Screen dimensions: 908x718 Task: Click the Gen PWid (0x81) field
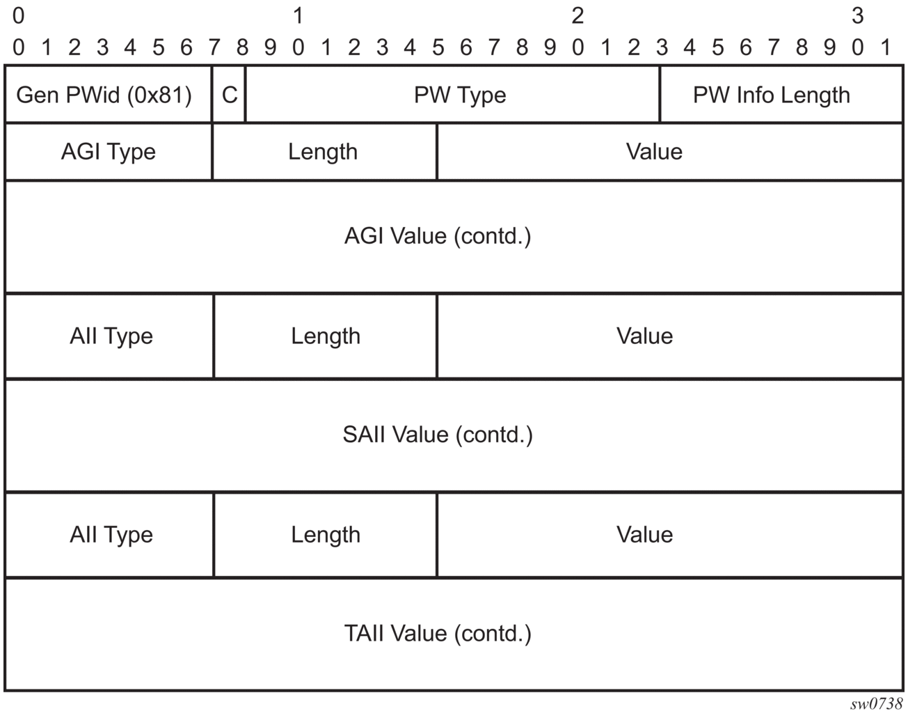109,95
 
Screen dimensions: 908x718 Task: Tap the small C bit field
229,95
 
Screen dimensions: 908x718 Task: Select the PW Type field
452,95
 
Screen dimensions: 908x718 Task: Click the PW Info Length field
781,95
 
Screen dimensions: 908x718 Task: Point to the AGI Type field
109,152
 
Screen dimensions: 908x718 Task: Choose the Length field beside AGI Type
324,152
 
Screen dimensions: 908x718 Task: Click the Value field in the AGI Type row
670,152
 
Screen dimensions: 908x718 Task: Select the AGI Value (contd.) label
438,236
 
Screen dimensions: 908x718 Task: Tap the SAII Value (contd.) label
438,435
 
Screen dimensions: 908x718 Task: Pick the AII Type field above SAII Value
109,336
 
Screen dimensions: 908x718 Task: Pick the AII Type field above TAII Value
109,535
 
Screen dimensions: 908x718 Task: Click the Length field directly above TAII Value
326,535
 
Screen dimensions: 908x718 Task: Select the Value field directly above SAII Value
670,336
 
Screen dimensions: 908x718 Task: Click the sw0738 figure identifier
876,703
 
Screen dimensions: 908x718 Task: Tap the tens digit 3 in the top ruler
857,16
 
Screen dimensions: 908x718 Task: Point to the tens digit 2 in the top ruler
578,16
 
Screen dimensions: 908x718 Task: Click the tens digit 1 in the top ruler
298,16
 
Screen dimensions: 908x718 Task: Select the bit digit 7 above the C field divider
214,47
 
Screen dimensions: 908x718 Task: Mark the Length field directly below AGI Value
326,336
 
